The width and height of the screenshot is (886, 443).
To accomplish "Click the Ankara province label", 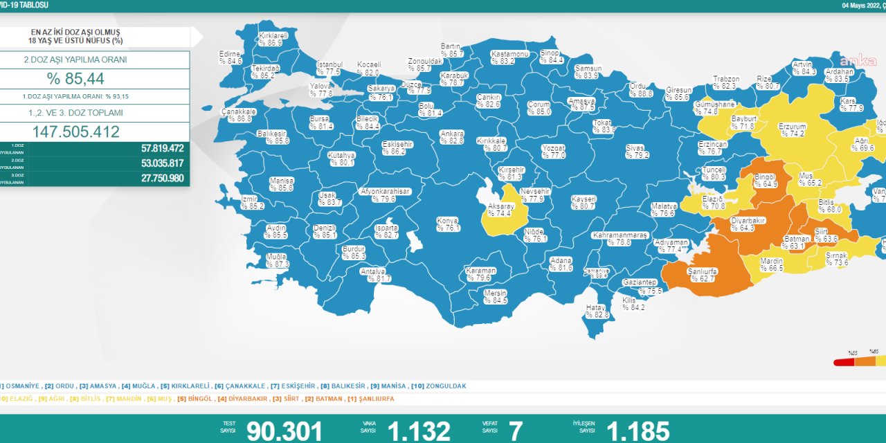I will (452, 137).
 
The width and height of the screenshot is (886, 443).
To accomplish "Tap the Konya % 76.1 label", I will (448, 224).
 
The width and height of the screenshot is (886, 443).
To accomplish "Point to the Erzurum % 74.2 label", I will (792, 130).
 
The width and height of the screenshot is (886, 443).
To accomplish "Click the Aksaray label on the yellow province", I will (500, 210).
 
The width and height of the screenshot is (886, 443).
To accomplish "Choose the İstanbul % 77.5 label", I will (329, 68).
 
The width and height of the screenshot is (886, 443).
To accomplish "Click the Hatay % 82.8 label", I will (597, 311).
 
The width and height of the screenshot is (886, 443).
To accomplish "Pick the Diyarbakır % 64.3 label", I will (748, 224).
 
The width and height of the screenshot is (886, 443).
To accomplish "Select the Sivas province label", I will (636, 152).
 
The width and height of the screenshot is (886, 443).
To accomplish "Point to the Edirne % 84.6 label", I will (230, 57).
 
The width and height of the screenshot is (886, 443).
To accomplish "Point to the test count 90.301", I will (284, 431).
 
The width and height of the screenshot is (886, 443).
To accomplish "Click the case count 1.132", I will (419, 431).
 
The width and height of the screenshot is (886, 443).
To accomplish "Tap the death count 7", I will (516, 431).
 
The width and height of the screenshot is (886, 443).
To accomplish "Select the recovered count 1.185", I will (638, 431).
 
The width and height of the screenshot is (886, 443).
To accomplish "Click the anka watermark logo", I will (853, 60).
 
